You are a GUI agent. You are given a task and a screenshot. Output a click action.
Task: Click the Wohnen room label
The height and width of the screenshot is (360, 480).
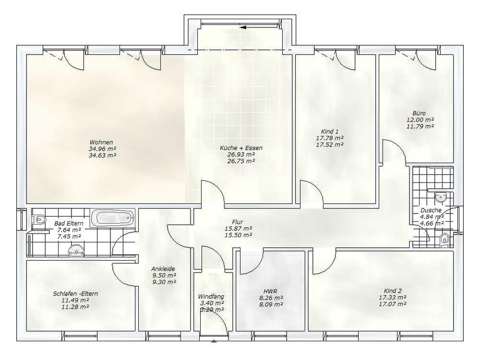(x=101, y=143)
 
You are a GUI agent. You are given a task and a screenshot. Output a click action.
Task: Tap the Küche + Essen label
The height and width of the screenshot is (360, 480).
(x=241, y=148)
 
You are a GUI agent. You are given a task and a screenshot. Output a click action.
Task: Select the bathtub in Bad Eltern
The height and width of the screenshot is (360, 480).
(x=113, y=218)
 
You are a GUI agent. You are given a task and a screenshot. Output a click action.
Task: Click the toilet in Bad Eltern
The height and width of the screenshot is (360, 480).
(x=39, y=219)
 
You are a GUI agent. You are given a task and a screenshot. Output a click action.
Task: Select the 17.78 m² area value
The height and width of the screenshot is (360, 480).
(x=330, y=138)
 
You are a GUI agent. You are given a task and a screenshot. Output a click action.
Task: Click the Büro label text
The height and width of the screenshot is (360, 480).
(x=419, y=113)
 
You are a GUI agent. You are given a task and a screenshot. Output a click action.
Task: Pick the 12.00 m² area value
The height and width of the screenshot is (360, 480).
(x=420, y=120)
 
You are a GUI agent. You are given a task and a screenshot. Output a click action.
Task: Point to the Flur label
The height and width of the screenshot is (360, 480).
(x=238, y=222)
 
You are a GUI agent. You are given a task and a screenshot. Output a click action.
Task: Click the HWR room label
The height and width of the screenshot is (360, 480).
(x=270, y=291)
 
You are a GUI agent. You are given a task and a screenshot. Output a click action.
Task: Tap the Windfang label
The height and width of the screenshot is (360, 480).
(x=211, y=297)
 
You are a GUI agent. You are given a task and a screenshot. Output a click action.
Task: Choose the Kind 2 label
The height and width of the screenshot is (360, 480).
(x=393, y=291)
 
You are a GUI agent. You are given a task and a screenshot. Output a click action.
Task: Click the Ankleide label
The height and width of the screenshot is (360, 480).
(x=163, y=269)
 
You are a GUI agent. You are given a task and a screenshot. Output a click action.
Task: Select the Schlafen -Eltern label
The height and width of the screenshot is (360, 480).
(x=75, y=294)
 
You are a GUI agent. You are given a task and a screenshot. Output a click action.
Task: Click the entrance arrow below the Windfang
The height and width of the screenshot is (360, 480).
(x=214, y=340)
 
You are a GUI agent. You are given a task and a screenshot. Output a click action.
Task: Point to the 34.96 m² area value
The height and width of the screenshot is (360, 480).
(x=103, y=149)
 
